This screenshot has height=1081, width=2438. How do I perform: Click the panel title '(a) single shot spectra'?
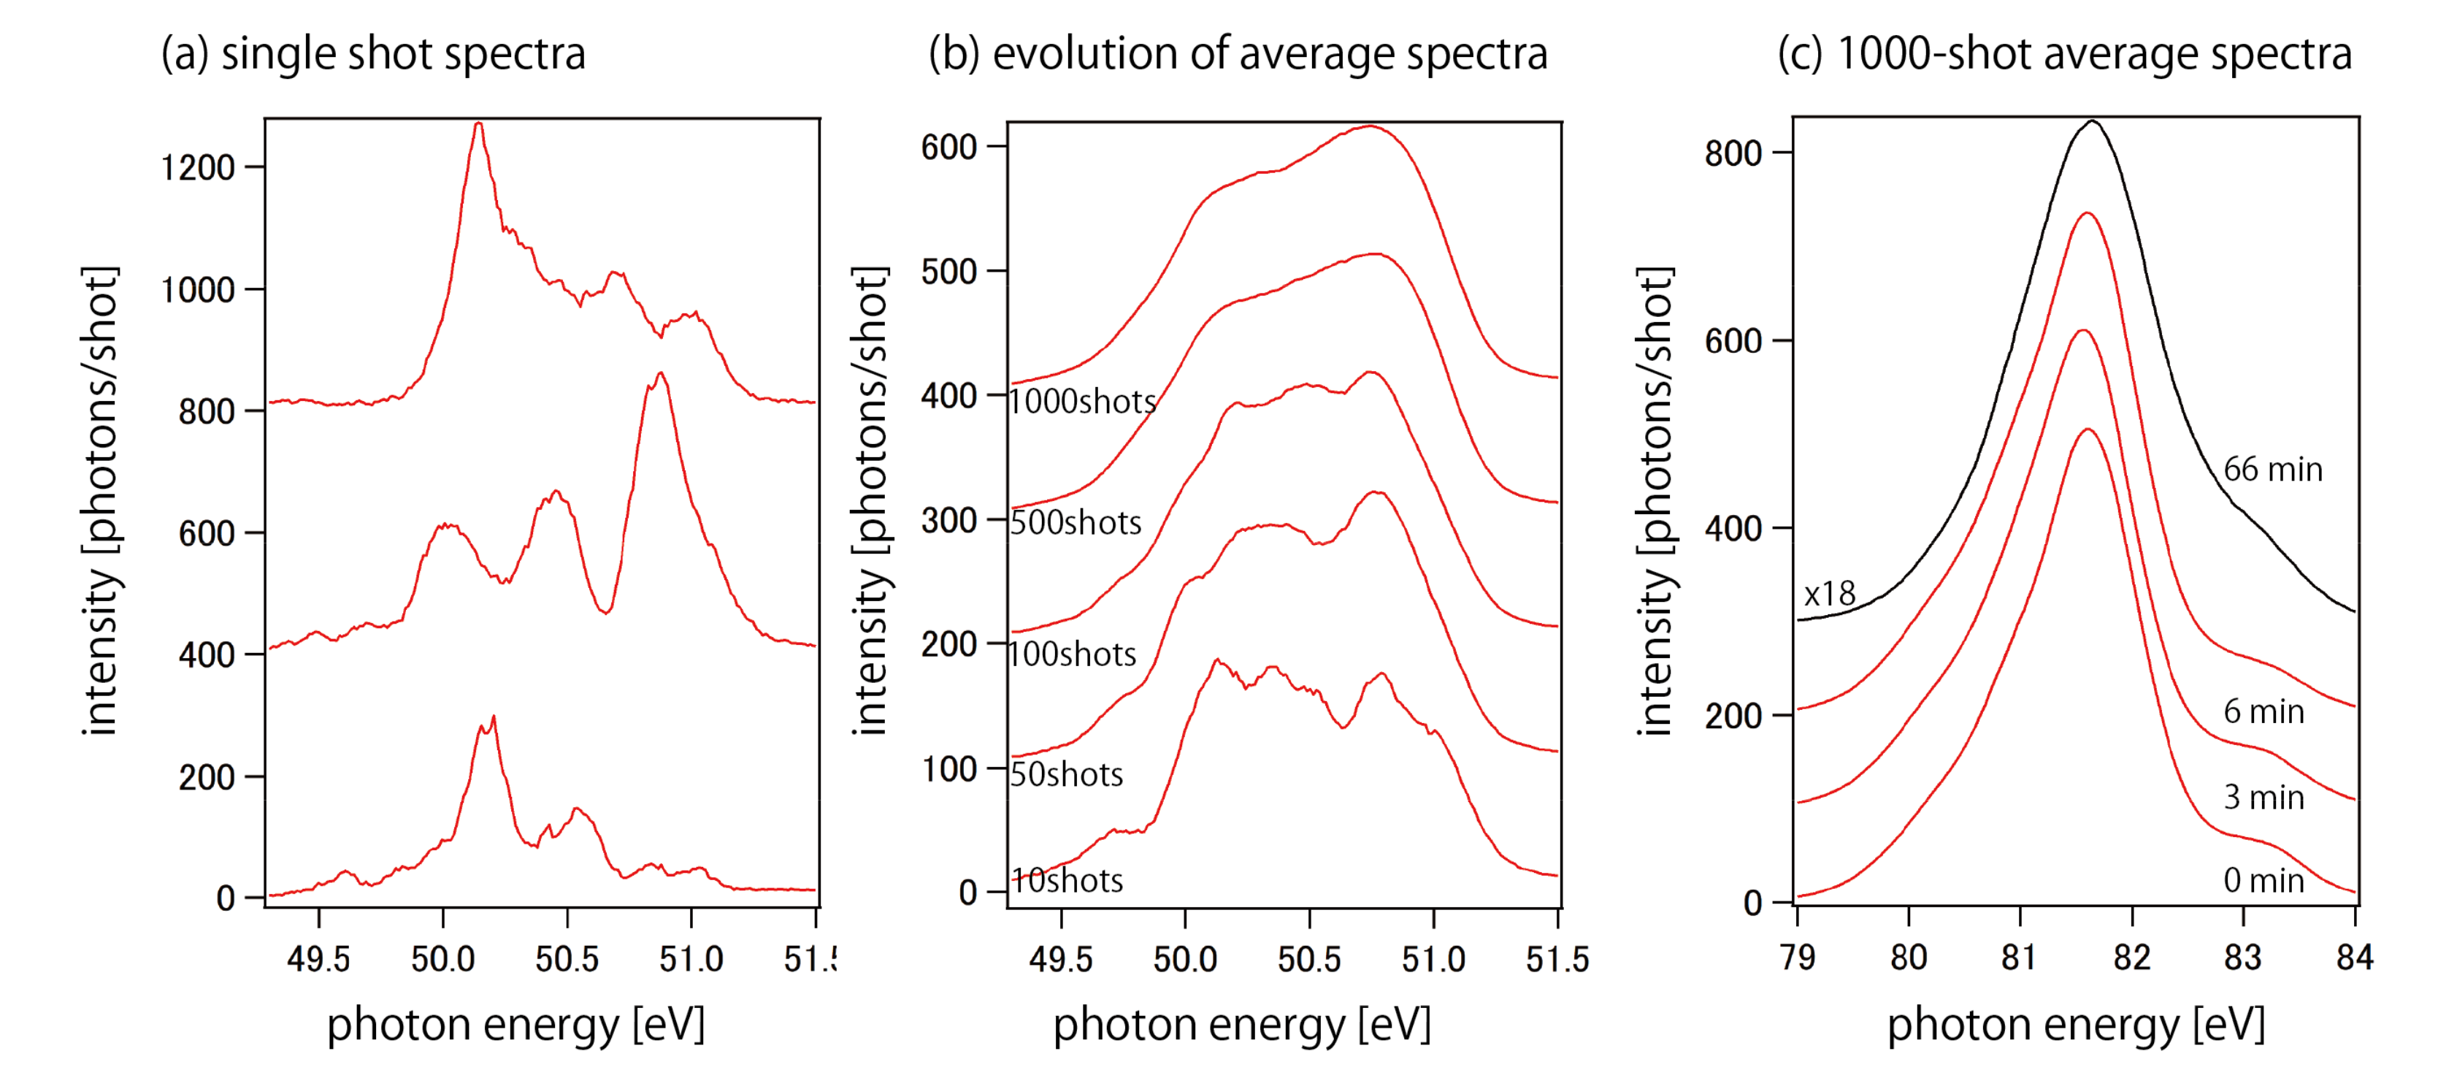373,54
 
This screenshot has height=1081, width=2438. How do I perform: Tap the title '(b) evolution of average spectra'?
1237,54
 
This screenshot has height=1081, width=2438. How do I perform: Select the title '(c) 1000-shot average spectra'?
2064,54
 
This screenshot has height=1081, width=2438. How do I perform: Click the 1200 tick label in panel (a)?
197,167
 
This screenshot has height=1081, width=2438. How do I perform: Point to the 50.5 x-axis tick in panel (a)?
567,959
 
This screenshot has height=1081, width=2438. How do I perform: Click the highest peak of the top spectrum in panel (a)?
479,124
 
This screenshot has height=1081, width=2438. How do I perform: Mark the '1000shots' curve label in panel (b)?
1082,401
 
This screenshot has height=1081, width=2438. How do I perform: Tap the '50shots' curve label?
1066,774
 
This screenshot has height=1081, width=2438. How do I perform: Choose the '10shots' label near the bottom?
1067,880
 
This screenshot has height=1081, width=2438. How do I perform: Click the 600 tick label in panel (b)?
948,147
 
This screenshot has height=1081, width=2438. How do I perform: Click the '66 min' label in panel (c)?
2272,469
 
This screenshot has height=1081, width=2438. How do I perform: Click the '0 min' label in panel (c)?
2263,880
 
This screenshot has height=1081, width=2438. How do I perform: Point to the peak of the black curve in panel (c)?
2093,121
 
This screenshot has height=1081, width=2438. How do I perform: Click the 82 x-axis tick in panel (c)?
2131,957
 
